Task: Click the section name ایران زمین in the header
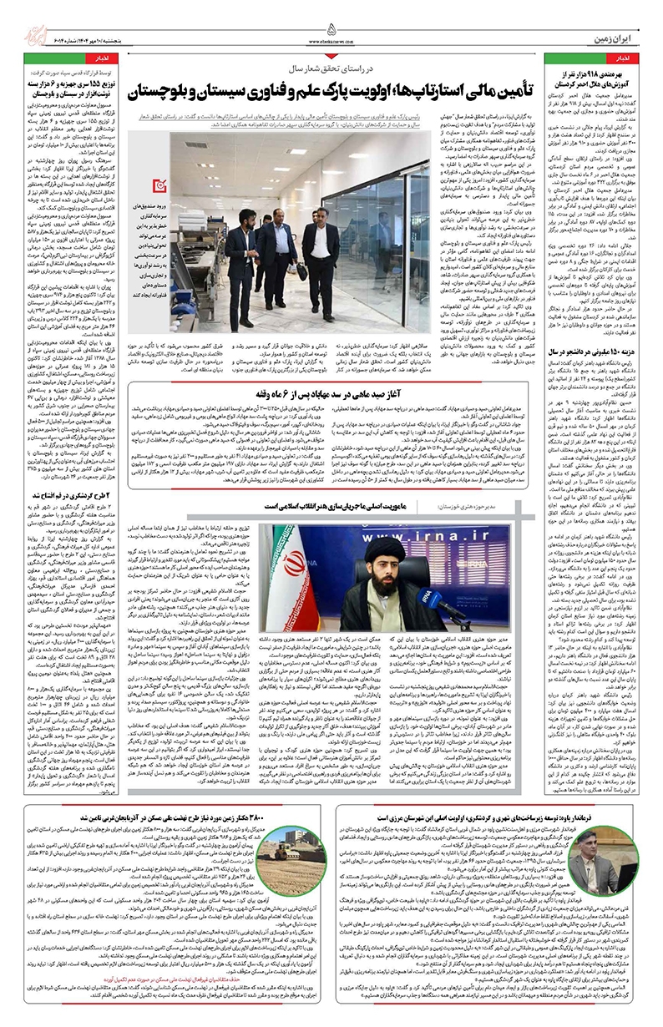[x=616, y=14]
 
